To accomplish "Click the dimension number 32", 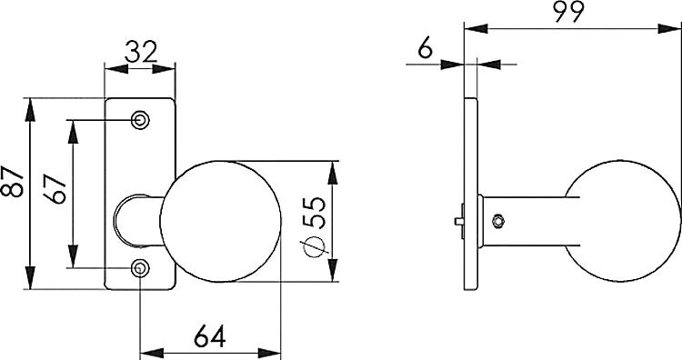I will click(x=139, y=52).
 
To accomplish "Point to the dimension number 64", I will click(x=210, y=335).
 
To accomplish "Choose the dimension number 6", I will click(x=424, y=49).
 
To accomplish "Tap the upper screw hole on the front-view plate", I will click(x=140, y=120).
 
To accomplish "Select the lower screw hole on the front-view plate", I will click(x=140, y=268).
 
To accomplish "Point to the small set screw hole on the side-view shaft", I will click(x=496, y=219).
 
